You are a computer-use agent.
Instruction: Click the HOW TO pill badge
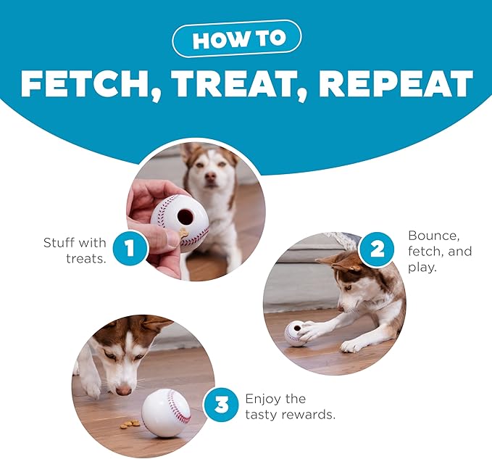click(x=237, y=38)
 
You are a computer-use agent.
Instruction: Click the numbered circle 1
click(x=130, y=248)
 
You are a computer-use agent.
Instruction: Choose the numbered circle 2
click(x=377, y=249)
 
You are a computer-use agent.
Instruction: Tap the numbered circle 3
click(x=221, y=404)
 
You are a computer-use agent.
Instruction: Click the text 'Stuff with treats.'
click(x=75, y=251)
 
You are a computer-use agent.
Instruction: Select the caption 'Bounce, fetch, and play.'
click(x=440, y=251)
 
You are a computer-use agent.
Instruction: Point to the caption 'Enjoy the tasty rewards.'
click(x=291, y=407)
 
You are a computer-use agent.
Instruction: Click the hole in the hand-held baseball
click(x=185, y=215)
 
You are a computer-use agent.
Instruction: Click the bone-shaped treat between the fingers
click(x=183, y=233)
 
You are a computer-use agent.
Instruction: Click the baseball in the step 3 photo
click(x=167, y=413)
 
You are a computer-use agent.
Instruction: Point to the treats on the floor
click(x=129, y=425)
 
